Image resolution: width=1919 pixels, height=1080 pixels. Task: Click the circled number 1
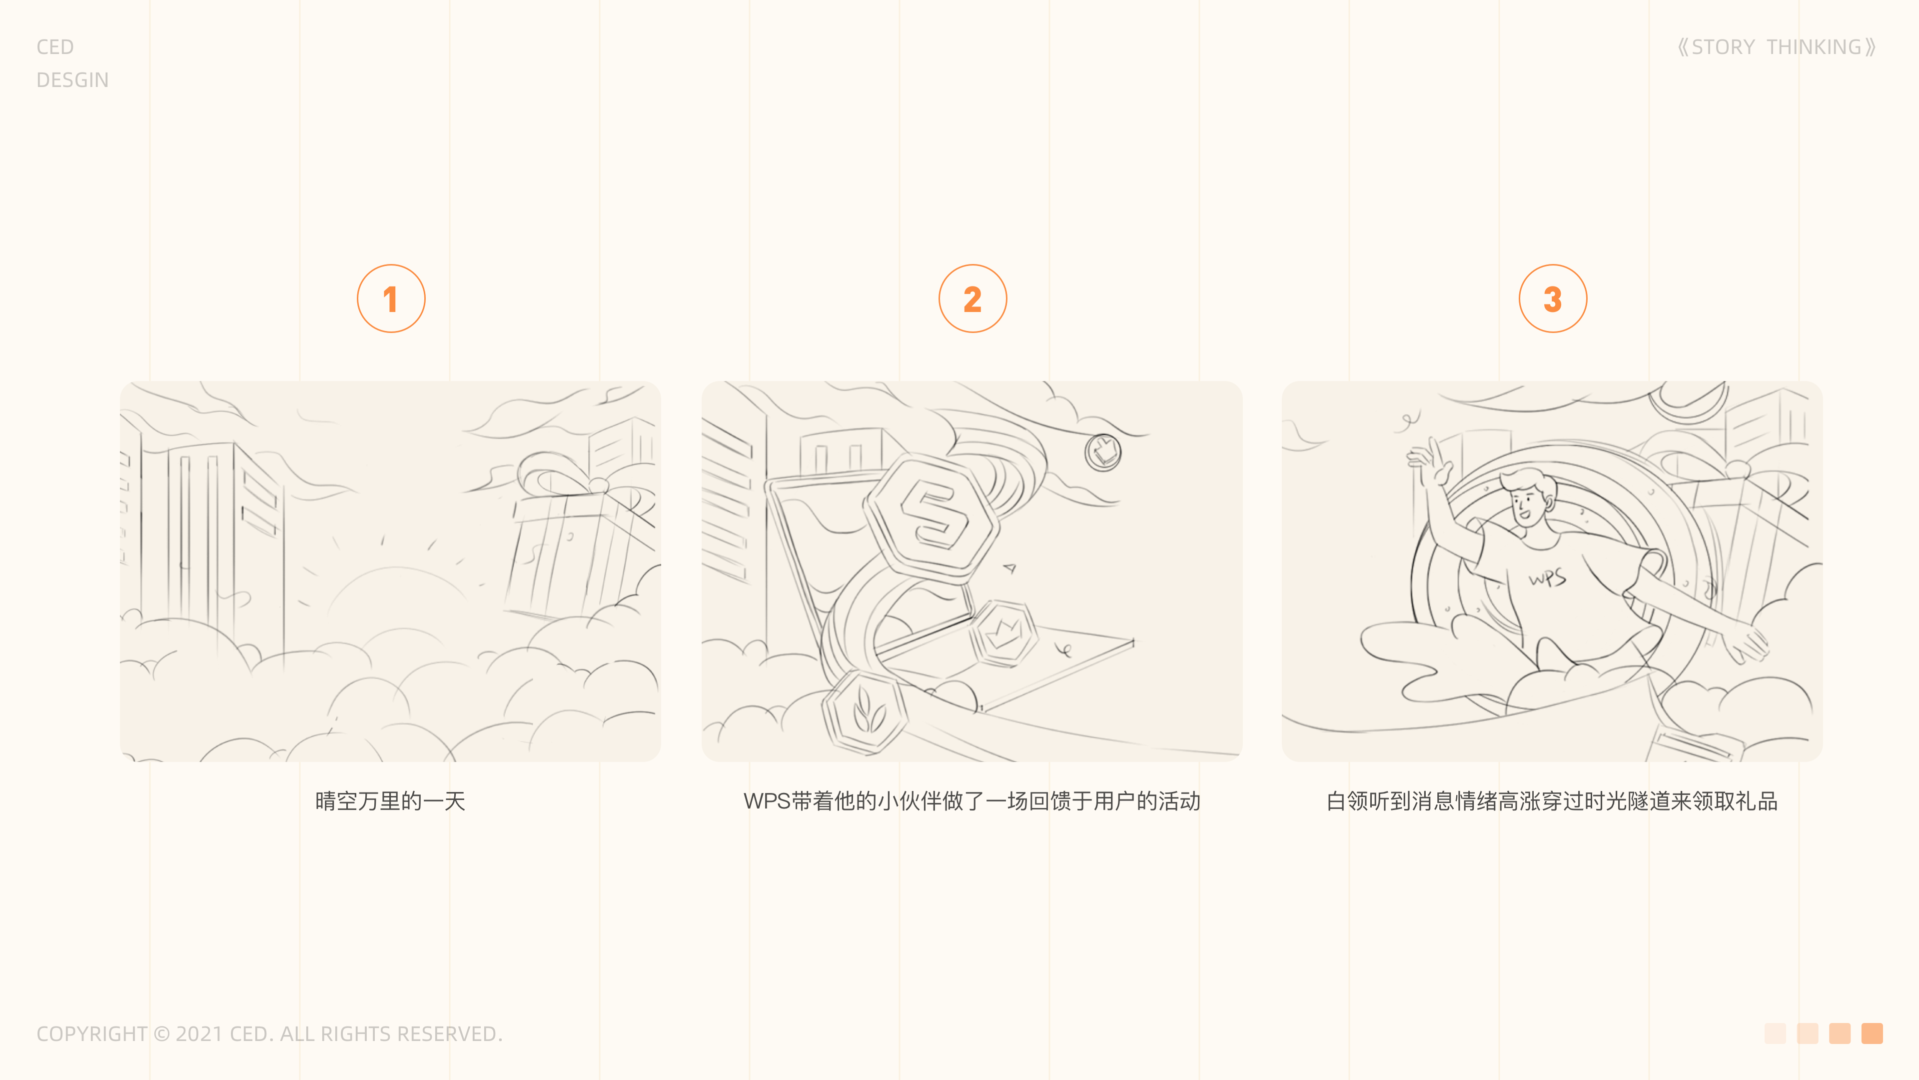[391, 299]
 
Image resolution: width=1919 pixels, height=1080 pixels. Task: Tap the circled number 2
[972, 299]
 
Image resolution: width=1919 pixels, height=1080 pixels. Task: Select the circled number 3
[1553, 299]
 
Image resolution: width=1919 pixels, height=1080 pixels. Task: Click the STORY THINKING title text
[1777, 47]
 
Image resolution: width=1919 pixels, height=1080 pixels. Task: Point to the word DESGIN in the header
[72, 80]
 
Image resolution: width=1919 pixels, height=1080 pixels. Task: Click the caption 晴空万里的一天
[390, 801]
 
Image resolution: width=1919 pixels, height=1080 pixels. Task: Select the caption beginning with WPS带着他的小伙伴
[971, 801]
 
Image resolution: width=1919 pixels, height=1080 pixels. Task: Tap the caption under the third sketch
[1553, 801]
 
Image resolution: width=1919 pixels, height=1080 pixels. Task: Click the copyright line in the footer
[270, 1034]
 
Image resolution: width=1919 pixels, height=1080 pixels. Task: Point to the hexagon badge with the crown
[1004, 633]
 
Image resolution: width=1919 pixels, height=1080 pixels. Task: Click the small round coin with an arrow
[1102, 451]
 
